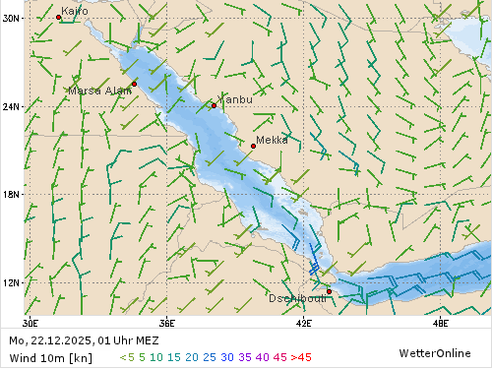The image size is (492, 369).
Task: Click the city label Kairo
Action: pos(75,11)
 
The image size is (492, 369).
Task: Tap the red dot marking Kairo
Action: pos(58,17)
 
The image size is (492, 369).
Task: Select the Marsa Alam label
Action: pos(99,91)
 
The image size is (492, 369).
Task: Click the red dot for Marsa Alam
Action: pos(134,84)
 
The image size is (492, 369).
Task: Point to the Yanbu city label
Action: pos(235,99)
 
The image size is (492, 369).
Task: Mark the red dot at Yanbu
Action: pos(214,105)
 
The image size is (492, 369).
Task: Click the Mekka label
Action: pos(272,140)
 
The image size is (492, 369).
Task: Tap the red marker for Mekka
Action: pos(253,146)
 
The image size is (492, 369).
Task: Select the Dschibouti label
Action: pos(297,298)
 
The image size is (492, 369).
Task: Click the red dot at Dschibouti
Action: pos(329,291)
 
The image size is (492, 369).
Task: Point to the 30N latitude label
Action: pos(12,18)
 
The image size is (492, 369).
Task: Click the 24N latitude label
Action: pos(12,105)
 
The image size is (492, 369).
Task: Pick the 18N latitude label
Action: pos(12,194)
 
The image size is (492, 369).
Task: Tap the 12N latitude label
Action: pos(12,282)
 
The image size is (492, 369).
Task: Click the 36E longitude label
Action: pos(166,322)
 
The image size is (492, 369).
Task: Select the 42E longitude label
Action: pos(303,322)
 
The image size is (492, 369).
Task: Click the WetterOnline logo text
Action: pos(434,352)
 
